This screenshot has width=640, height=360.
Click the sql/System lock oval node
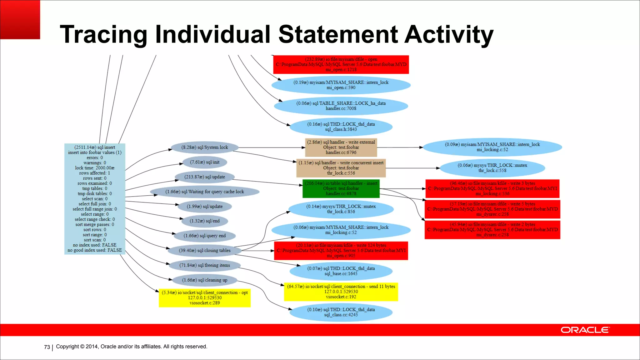pos(205,147)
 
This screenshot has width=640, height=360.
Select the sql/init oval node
pos(205,162)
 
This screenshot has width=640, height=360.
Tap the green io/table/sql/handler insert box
pos(341,188)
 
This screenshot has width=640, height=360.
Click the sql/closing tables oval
pos(205,250)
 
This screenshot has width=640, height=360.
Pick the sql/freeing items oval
pos(205,265)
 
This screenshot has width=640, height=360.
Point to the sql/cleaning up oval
pos(205,280)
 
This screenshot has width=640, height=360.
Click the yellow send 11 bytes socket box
pos(341,292)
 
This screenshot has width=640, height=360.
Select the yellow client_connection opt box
pos(205,298)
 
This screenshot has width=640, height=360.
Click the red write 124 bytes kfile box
pos(341,251)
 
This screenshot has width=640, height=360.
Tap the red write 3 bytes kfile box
pos(492,188)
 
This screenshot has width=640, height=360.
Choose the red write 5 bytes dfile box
pos(492,209)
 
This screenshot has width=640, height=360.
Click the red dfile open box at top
pos(341,64)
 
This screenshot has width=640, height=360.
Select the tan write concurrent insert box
pos(341,168)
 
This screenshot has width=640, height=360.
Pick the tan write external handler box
pos(341,147)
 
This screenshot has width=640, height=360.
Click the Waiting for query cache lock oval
pos(205,192)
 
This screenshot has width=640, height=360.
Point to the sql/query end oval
pos(205,236)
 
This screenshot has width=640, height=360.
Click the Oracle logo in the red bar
pos(585,330)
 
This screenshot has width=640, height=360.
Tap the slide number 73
pos(47,347)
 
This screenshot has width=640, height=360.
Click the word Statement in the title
pos(338,34)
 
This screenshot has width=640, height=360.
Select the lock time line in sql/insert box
pos(95,168)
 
